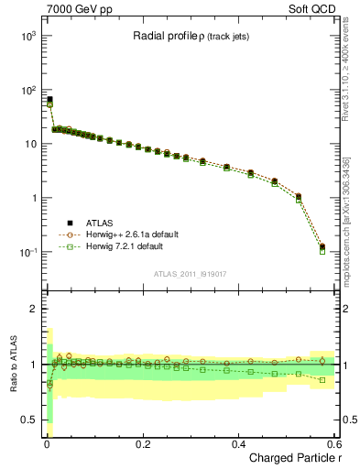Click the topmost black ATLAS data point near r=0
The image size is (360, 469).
[x=49, y=99]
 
